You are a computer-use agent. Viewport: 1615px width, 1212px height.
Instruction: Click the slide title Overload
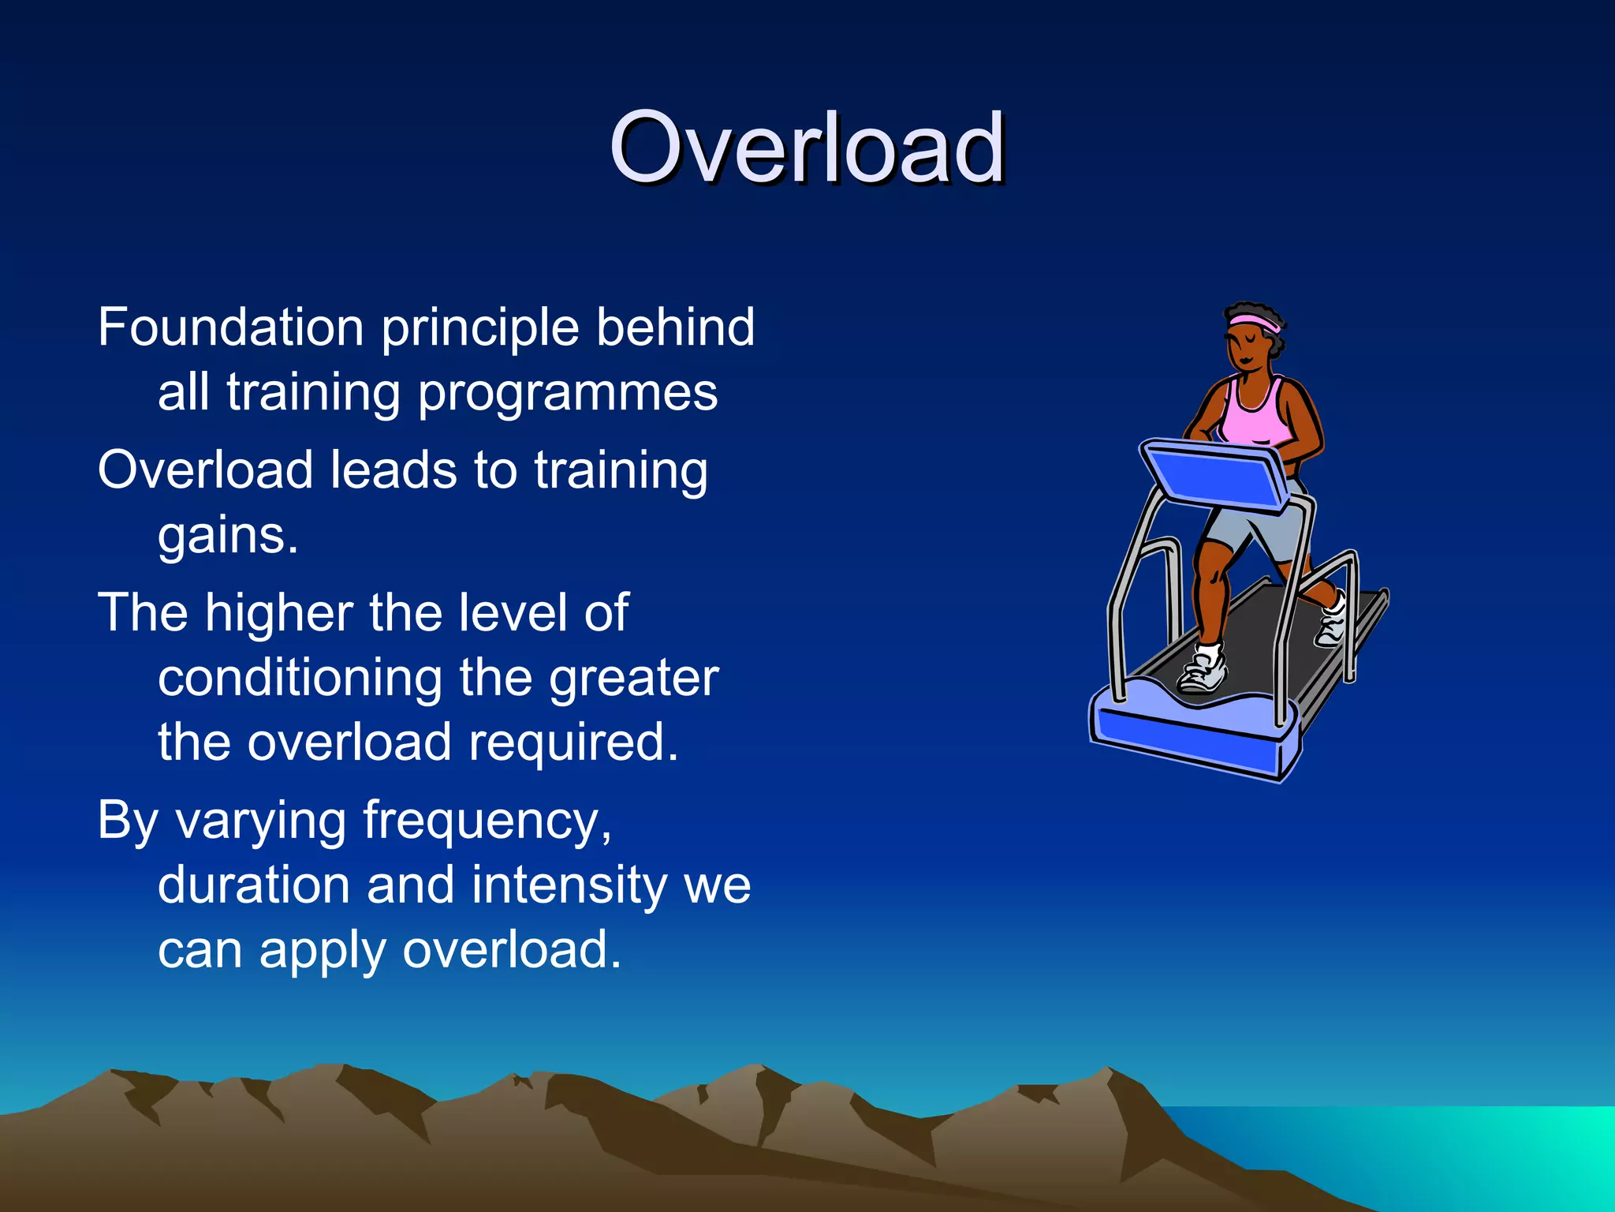tap(806, 148)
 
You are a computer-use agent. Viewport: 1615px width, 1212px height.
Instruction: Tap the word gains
tap(227, 537)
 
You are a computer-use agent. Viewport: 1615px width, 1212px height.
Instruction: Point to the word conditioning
tap(300, 679)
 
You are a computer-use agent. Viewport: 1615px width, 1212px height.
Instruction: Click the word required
tap(573, 743)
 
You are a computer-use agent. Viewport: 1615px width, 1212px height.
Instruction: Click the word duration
tap(253, 885)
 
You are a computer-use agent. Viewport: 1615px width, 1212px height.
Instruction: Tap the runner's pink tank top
tap(1254, 414)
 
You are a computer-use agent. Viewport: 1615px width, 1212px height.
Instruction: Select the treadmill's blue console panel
tap(1214, 473)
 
